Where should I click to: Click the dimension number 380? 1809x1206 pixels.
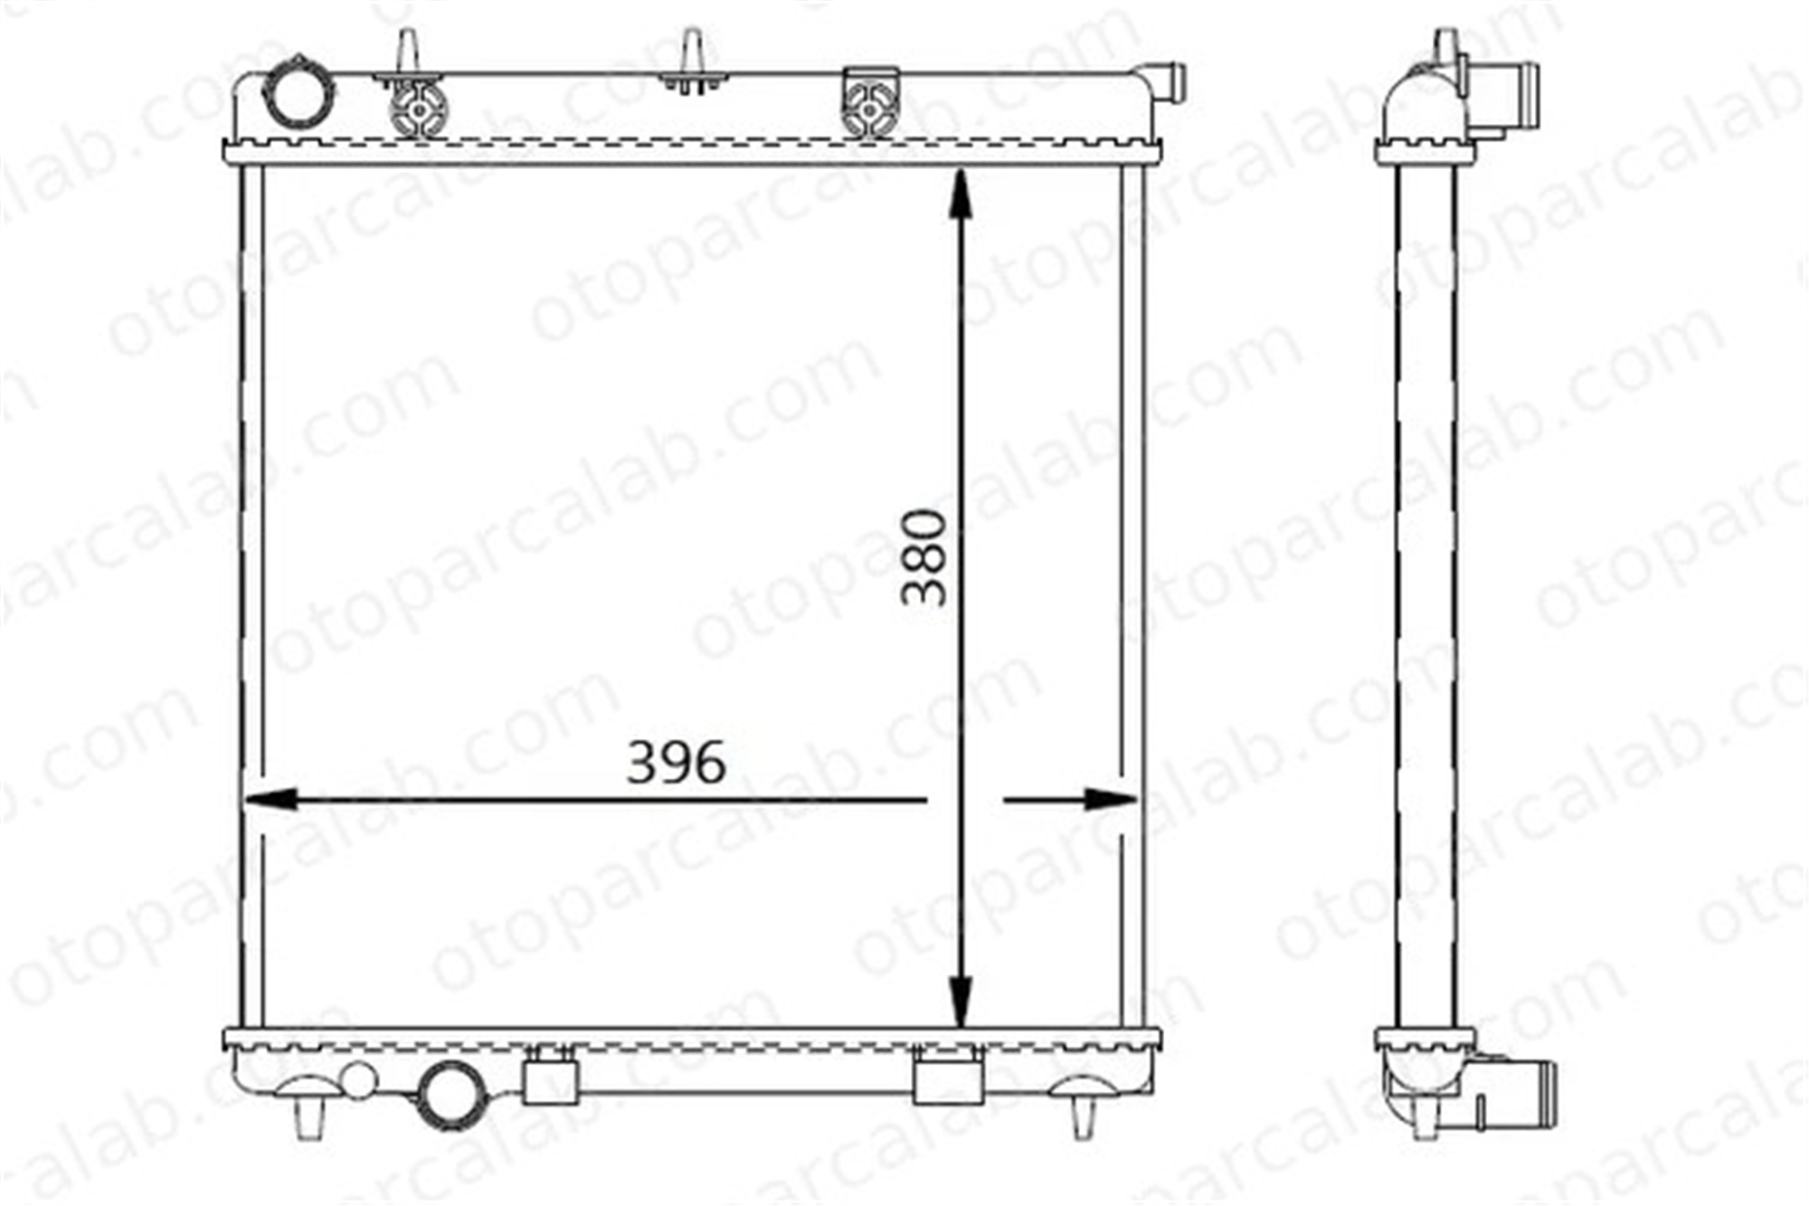coord(924,557)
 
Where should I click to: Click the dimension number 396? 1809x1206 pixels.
coord(676,763)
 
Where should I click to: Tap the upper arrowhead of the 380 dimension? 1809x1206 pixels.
coord(960,194)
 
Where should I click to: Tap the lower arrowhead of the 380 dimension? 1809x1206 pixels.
coord(960,1002)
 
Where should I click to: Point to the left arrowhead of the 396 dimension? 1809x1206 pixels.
coord(270,799)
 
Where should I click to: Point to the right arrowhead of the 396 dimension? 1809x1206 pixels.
coord(1110,799)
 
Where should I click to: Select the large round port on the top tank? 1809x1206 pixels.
coord(298,90)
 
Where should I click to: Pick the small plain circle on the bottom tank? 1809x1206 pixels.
coord(359,1079)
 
